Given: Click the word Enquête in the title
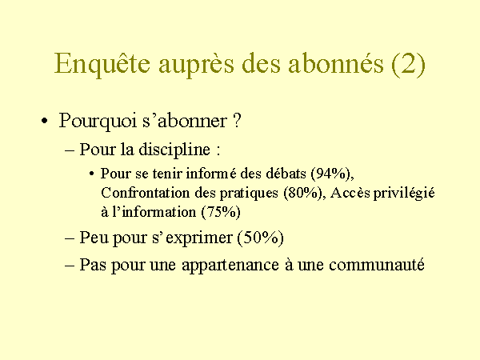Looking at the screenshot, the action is click(x=102, y=64).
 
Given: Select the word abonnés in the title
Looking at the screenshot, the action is click(x=336, y=62).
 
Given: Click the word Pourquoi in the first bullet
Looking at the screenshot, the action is click(x=98, y=121).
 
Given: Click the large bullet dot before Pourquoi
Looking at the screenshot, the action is click(x=45, y=121).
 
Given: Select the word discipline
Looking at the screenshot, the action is click(x=174, y=150).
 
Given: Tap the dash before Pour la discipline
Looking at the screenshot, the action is click(x=70, y=151).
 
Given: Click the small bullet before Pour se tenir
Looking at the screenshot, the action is click(x=91, y=174).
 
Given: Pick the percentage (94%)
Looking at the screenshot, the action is click(x=332, y=174).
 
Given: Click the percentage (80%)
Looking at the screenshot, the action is click(x=305, y=193).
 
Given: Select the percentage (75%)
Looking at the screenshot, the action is click(x=221, y=212).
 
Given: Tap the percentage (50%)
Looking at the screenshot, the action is click(x=261, y=238).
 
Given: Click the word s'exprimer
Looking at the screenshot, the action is click(x=193, y=238).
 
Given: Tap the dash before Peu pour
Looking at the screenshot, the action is click(x=70, y=238).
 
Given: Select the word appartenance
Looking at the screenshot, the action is click(x=230, y=265).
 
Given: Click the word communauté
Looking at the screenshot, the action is click(x=377, y=264).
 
